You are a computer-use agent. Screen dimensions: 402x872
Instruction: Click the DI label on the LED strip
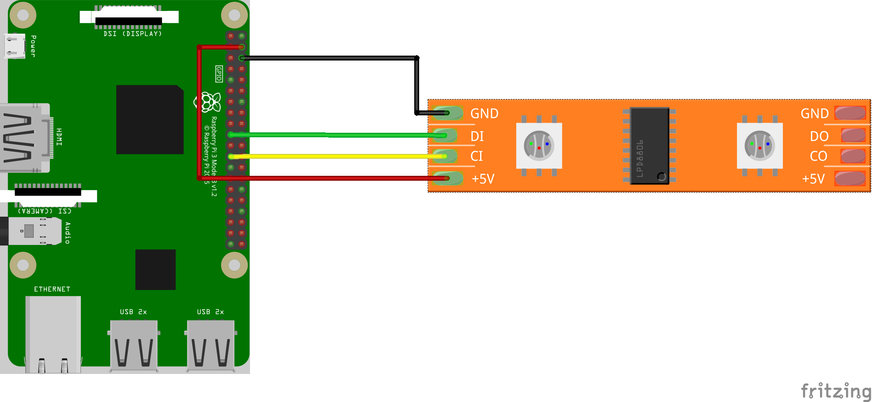click(477, 136)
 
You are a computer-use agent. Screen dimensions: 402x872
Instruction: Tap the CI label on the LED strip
click(476, 156)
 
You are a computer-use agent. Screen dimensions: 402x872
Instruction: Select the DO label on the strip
click(819, 136)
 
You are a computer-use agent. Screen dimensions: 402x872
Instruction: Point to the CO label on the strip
click(818, 156)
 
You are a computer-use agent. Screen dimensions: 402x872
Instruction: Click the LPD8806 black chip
click(649, 145)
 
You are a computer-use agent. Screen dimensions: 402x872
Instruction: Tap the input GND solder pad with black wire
click(448, 113)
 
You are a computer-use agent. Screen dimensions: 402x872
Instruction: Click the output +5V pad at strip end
click(850, 179)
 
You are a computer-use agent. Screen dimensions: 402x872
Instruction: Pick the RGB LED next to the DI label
click(539, 145)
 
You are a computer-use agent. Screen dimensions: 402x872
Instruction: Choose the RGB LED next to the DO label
click(759, 145)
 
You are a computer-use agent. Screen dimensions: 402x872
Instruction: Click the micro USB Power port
click(15, 46)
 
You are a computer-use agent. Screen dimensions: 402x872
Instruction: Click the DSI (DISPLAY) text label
click(133, 34)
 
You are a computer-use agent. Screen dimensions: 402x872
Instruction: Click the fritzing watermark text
click(836, 391)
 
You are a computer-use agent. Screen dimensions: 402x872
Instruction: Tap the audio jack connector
click(30, 231)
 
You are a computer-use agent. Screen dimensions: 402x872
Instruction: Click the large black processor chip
click(150, 119)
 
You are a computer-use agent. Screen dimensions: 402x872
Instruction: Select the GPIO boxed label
click(219, 74)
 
